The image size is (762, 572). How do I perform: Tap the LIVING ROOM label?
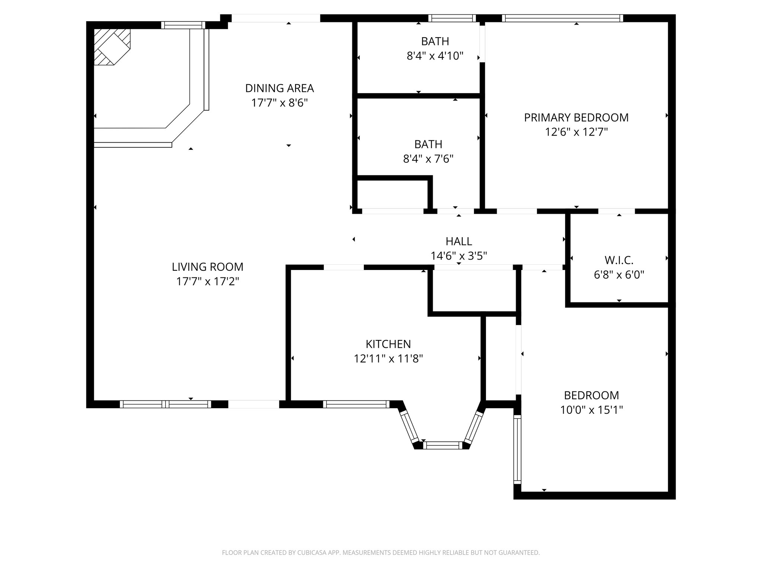pyautogui.click(x=208, y=267)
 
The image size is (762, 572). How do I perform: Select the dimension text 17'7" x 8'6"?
pyautogui.click(x=279, y=103)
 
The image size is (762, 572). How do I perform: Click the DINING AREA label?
pyautogui.click(x=279, y=88)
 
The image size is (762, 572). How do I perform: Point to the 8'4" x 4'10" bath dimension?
pyautogui.click(x=435, y=56)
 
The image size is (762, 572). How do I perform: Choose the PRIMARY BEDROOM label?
pyautogui.click(x=576, y=118)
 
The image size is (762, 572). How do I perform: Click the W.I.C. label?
pyautogui.click(x=619, y=260)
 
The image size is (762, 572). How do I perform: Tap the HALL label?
pyautogui.click(x=459, y=241)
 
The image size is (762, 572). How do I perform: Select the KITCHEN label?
pyautogui.click(x=388, y=344)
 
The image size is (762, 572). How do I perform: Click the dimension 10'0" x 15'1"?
pyautogui.click(x=592, y=410)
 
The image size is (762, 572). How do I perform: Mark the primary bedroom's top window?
pyautogui.click(x=562, y=18)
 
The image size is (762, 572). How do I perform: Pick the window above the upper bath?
pyautogui.click(x=452, y=18)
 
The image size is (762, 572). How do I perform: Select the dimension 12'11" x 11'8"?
pyautogui.click(x=388, y=359)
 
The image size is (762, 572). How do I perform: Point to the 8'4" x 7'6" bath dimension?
pyautogui.click(x=428, y=159)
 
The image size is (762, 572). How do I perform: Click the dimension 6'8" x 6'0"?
pyautogui.click(x=619, y=275)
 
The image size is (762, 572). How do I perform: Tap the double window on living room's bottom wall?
pyautogui.click(x=165, y=404)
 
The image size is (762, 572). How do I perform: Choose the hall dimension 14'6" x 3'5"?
pyautogui.click(x=459, y=256)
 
